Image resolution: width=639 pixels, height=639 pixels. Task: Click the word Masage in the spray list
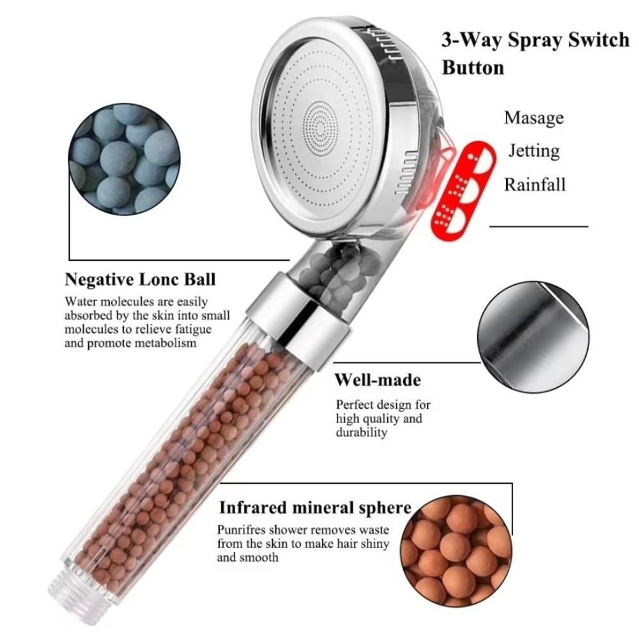click(534, 118)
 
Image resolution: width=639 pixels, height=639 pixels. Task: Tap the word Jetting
click(534, 151)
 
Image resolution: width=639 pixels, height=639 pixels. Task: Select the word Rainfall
click(535, 185)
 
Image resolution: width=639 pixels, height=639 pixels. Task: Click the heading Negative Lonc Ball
click(140, 279)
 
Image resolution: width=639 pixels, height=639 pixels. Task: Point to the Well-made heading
click(378, 380)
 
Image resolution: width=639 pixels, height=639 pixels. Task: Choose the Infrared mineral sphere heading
click(315, 508)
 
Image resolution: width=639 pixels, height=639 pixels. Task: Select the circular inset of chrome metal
click(532, 339)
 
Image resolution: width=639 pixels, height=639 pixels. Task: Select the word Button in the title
click(473, 68)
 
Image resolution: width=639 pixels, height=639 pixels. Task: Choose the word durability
click(362, 433)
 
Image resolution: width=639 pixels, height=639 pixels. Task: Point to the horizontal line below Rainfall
click(539, 226)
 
